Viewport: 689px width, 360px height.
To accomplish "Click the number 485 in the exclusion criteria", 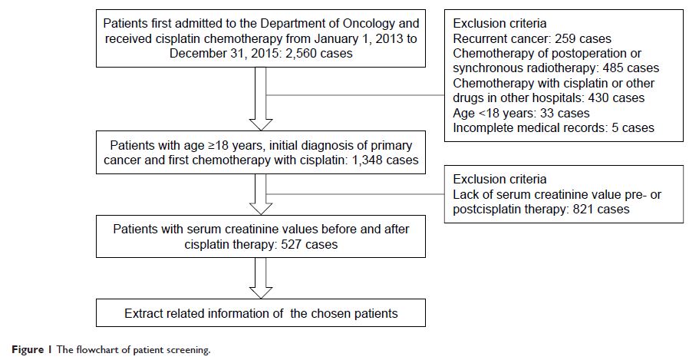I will (604, 68).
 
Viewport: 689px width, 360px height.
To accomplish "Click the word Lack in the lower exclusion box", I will (466, 194).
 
